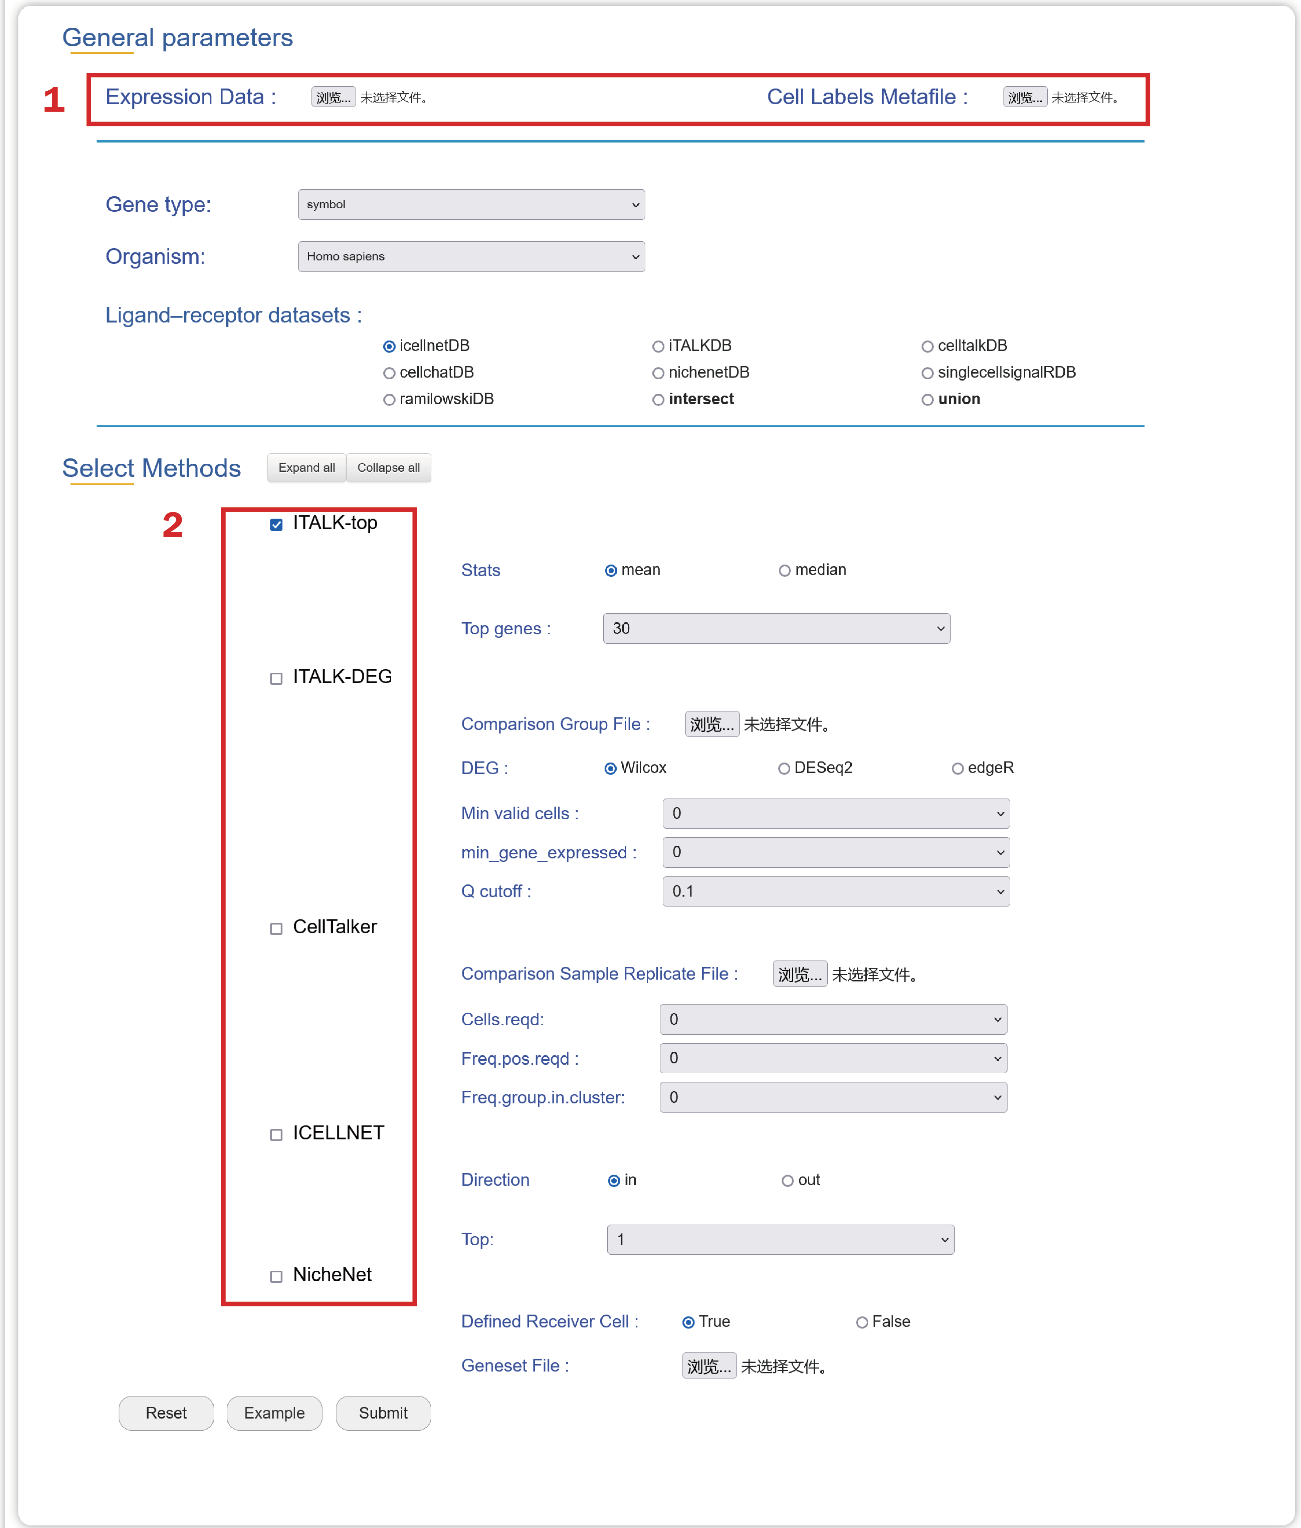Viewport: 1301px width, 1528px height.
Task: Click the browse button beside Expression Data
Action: [333, 97]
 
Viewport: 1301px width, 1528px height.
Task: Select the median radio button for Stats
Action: [784, 570]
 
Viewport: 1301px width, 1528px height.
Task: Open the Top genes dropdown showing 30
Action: [776, 628]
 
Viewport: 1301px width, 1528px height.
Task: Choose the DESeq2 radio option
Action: [783, 768]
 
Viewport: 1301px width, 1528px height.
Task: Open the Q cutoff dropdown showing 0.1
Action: [836, 891]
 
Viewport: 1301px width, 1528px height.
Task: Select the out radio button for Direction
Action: [787, 1181]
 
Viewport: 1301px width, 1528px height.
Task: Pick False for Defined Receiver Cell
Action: [861, 1322]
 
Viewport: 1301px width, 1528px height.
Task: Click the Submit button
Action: [383, 1413]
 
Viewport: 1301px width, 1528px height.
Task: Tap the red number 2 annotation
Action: [173, 525]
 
